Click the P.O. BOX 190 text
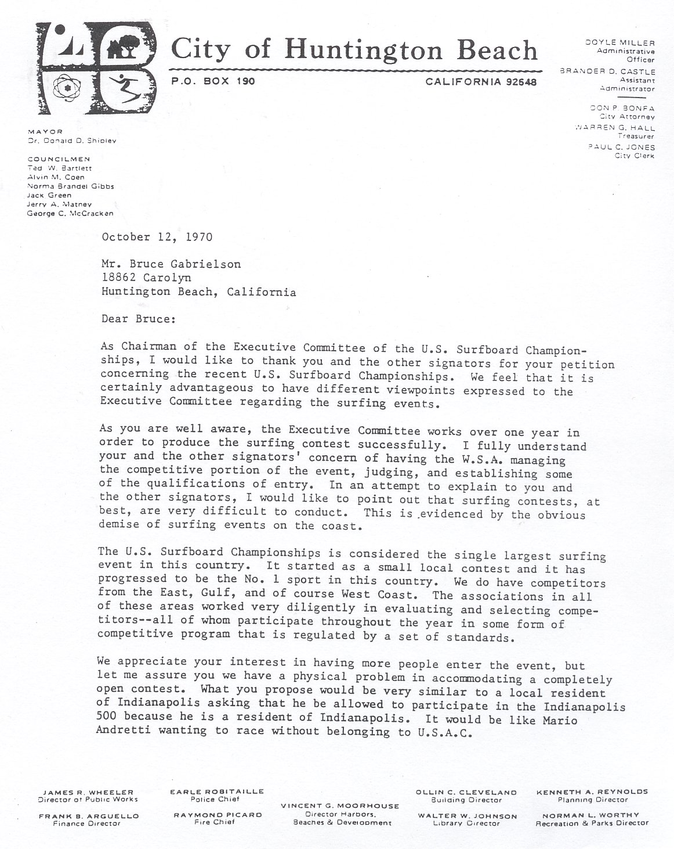point(213,82)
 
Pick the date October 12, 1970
point(157,237)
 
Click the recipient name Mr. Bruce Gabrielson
point(171,264)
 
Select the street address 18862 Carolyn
point(146,278)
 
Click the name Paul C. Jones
point(622,148)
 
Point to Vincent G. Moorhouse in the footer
point(340,806)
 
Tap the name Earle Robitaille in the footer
point(217,791)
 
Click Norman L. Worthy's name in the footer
point(592,815)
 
